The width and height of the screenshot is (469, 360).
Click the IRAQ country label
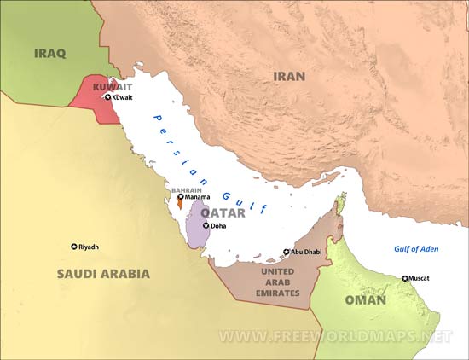49,53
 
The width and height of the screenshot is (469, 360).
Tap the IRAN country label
288,76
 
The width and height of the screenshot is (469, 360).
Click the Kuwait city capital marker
107,98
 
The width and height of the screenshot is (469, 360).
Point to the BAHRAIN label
186,189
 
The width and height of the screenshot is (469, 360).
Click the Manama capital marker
180,197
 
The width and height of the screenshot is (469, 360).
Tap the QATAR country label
223,212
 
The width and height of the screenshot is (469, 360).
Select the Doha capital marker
206,225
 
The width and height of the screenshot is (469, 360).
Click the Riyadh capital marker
73,247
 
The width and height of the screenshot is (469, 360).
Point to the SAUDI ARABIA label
103,274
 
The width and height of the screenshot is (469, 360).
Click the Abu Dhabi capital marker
287,252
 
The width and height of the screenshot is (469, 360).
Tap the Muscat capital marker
405,278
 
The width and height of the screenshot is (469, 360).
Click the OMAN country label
365,300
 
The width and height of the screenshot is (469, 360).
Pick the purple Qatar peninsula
197,224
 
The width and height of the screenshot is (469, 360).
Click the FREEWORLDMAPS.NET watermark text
335,336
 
